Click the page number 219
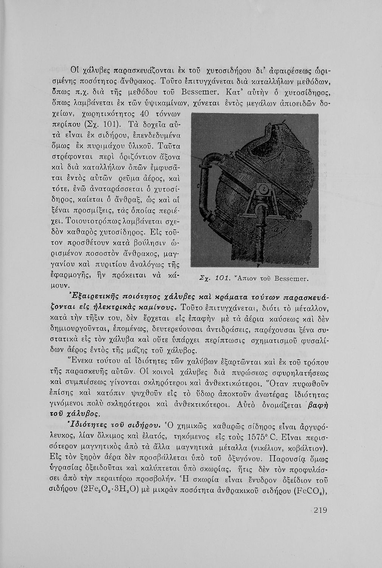pos(320,510)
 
